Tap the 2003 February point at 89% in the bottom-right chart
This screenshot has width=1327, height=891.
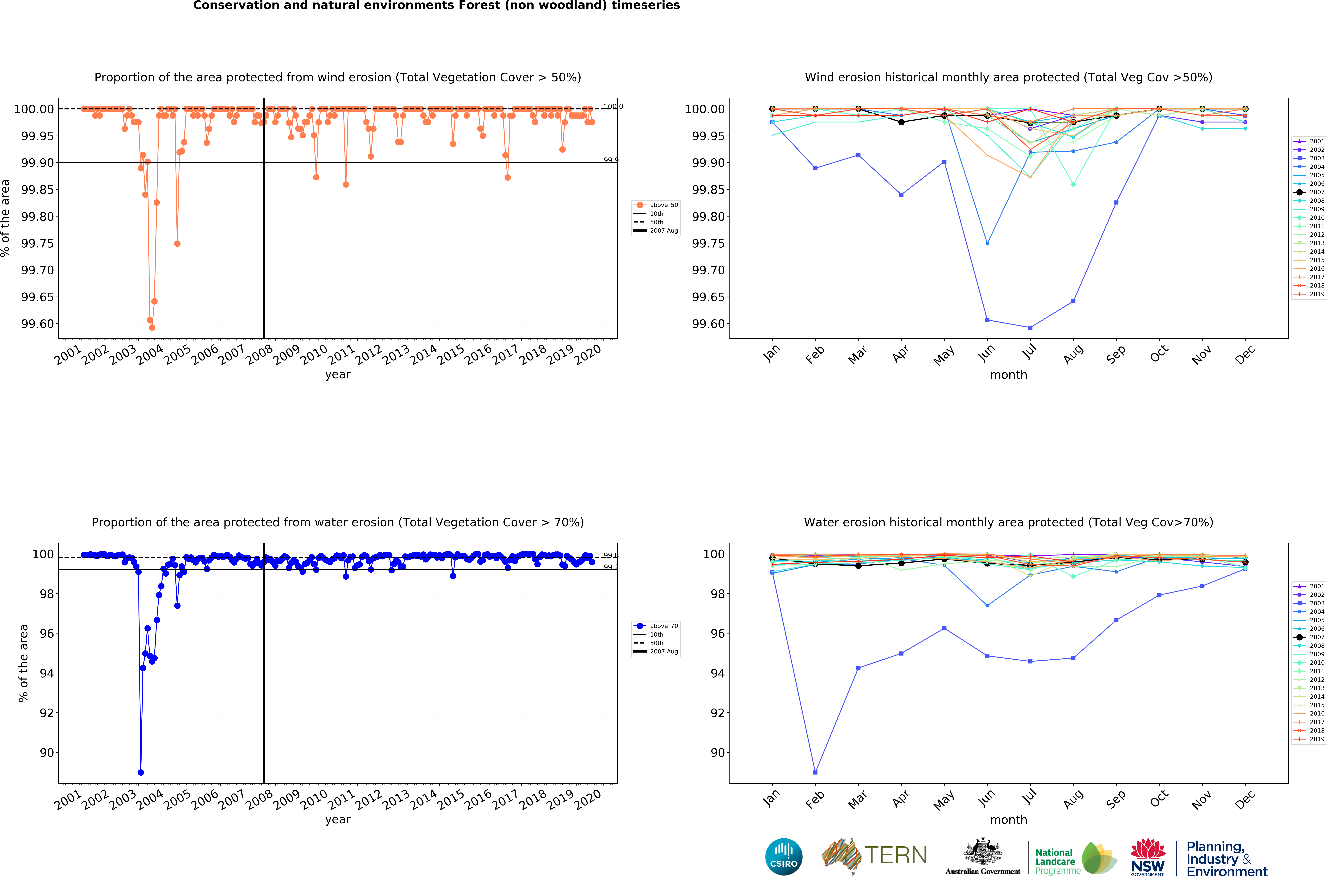(x=815, y=772)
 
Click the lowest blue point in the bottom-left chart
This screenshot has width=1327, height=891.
(x=140, y=772)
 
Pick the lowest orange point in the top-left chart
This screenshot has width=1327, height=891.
(x=152, y=327)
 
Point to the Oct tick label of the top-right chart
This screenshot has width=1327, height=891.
(x=1158, y=353)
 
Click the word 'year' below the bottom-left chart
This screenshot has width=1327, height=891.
(x=338, y=819)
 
